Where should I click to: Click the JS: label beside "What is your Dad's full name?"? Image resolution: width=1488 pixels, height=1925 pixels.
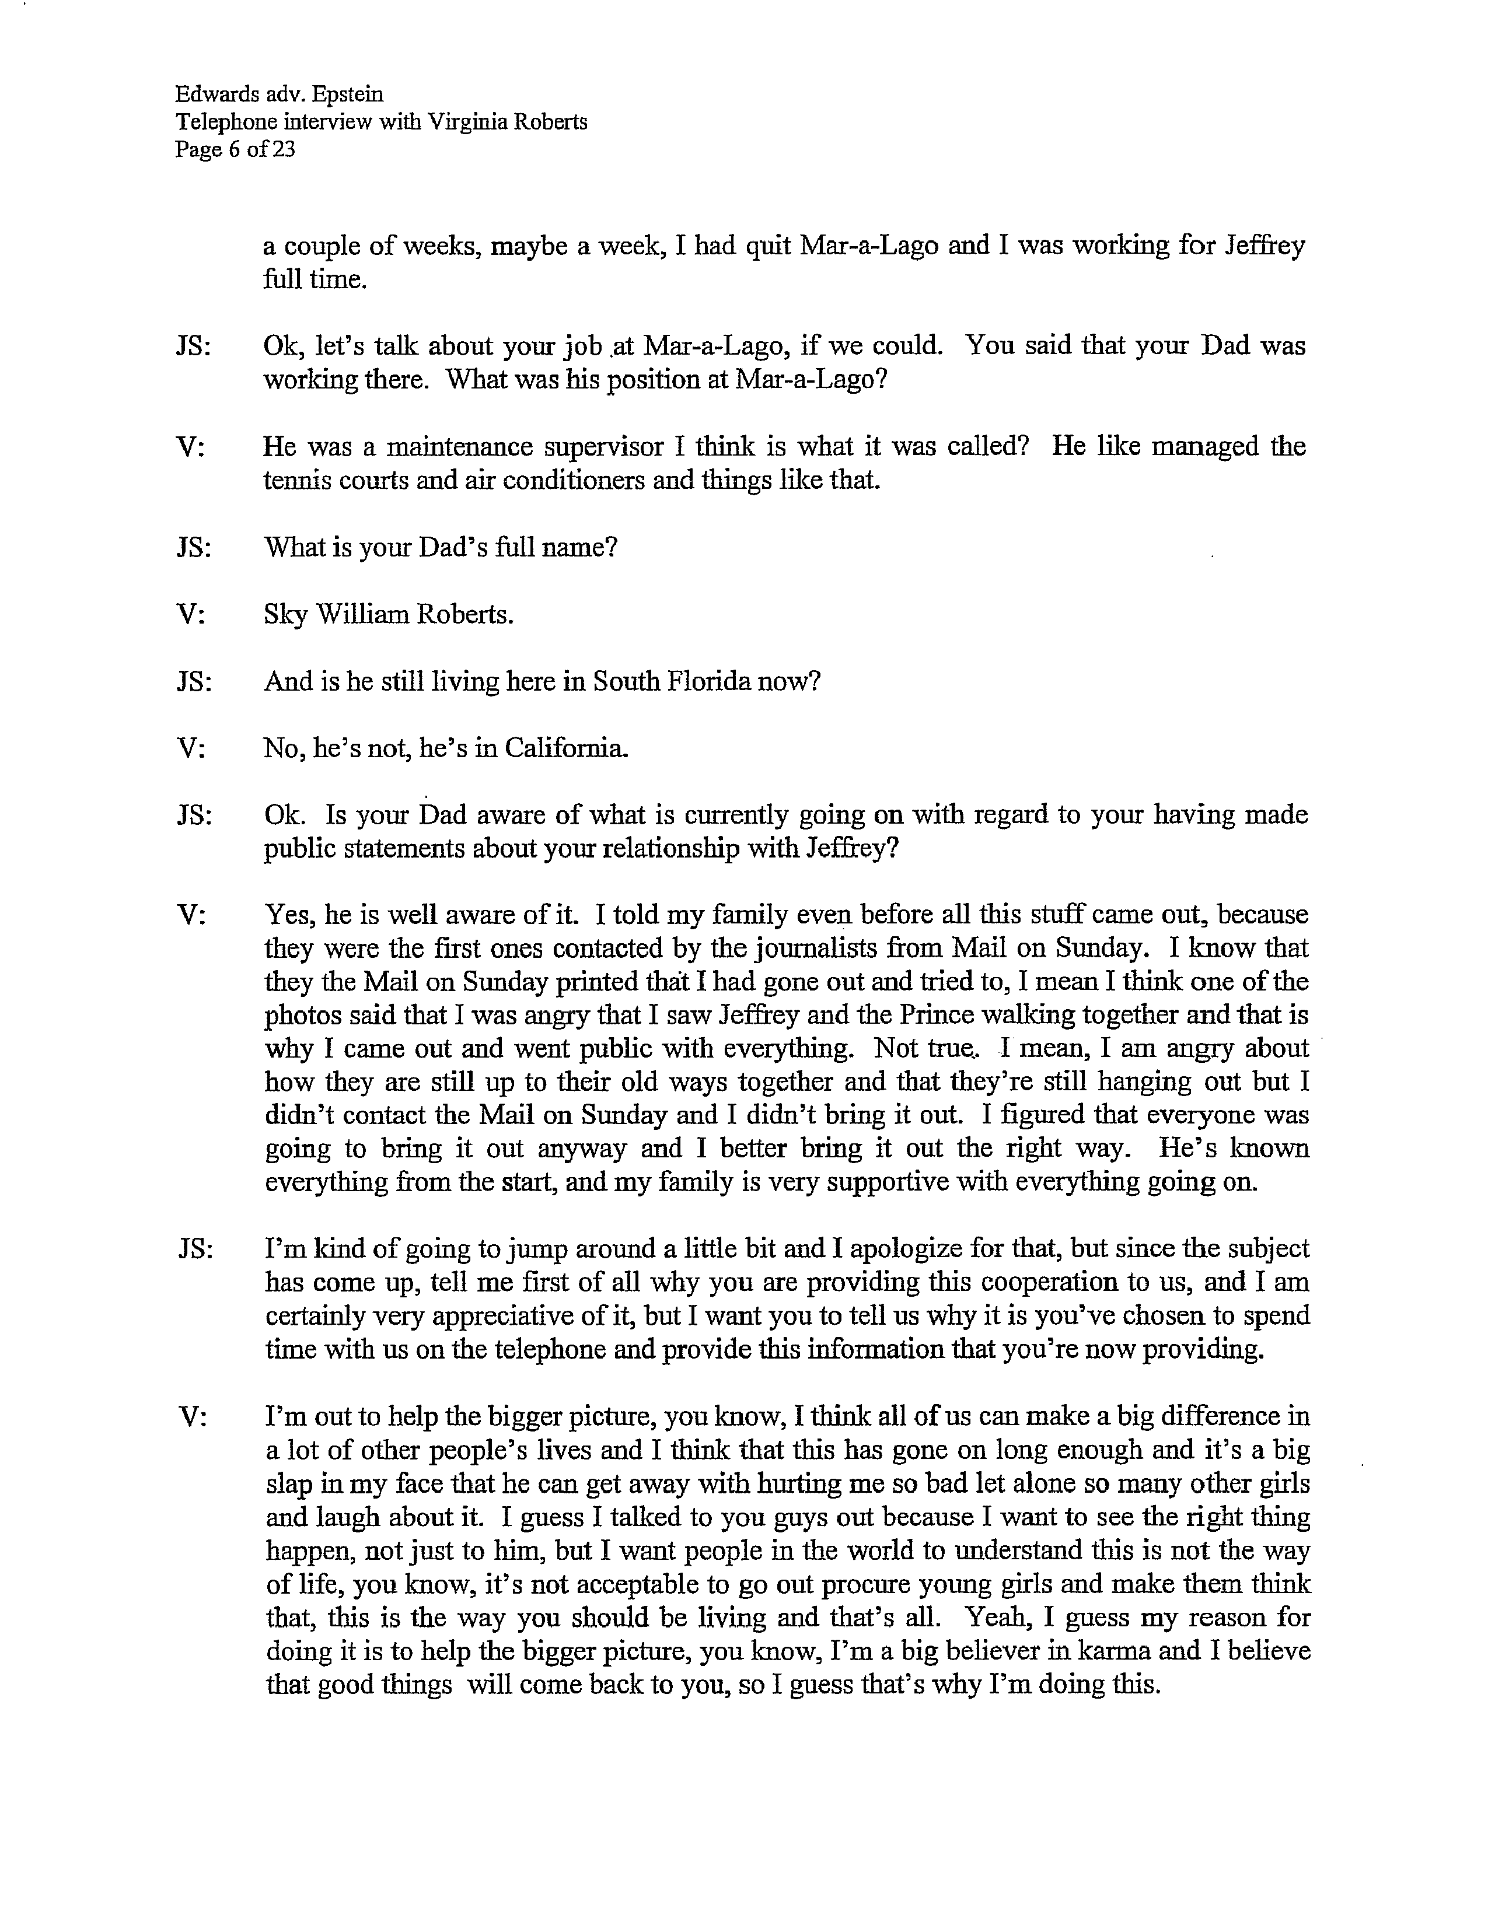tap(194, 547)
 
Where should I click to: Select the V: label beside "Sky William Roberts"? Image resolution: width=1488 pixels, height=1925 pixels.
tap(191, 614)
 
